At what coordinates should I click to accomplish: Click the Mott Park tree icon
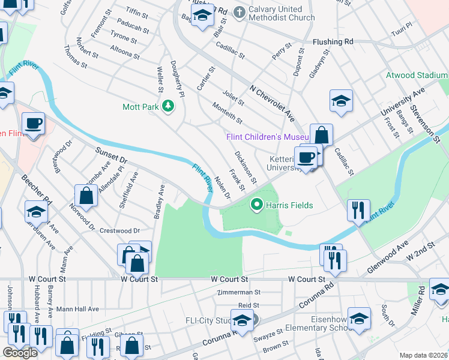tap(169, 107)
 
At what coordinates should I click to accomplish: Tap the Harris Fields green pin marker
tap(258, 205)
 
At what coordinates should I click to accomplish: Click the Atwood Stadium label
tap(417, 76)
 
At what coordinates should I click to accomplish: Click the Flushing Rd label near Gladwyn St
tap(333, 42)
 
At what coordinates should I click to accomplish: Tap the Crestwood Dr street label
tap(119, 230)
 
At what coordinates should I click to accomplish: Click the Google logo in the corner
tap(20, 352)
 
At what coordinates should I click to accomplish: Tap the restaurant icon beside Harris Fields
tap(357, 210)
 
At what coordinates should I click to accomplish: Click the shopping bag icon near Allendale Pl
tap(86, 195)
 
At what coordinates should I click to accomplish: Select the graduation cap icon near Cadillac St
tap(341, 101)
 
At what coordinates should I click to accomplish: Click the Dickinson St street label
tap(246, 167)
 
